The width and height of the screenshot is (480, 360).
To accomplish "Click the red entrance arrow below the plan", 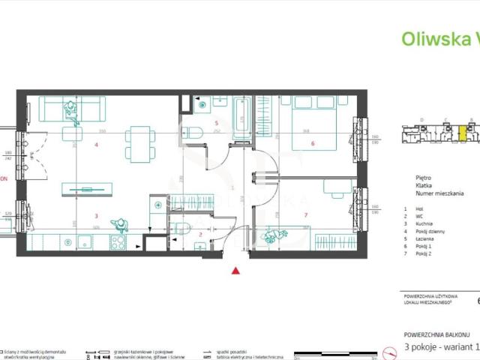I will pyautogui.click(x=237, y=271).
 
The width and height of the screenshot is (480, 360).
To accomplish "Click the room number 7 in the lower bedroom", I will pyautogui.click(x=306, y=216).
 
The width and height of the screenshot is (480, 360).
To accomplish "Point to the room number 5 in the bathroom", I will pyautogui.click(x=216, y=123).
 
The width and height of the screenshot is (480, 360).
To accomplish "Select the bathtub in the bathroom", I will pyautogui.click(x=242, y=118).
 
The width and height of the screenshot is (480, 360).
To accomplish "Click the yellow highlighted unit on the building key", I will pyautogui.click(x=463, y=133).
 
